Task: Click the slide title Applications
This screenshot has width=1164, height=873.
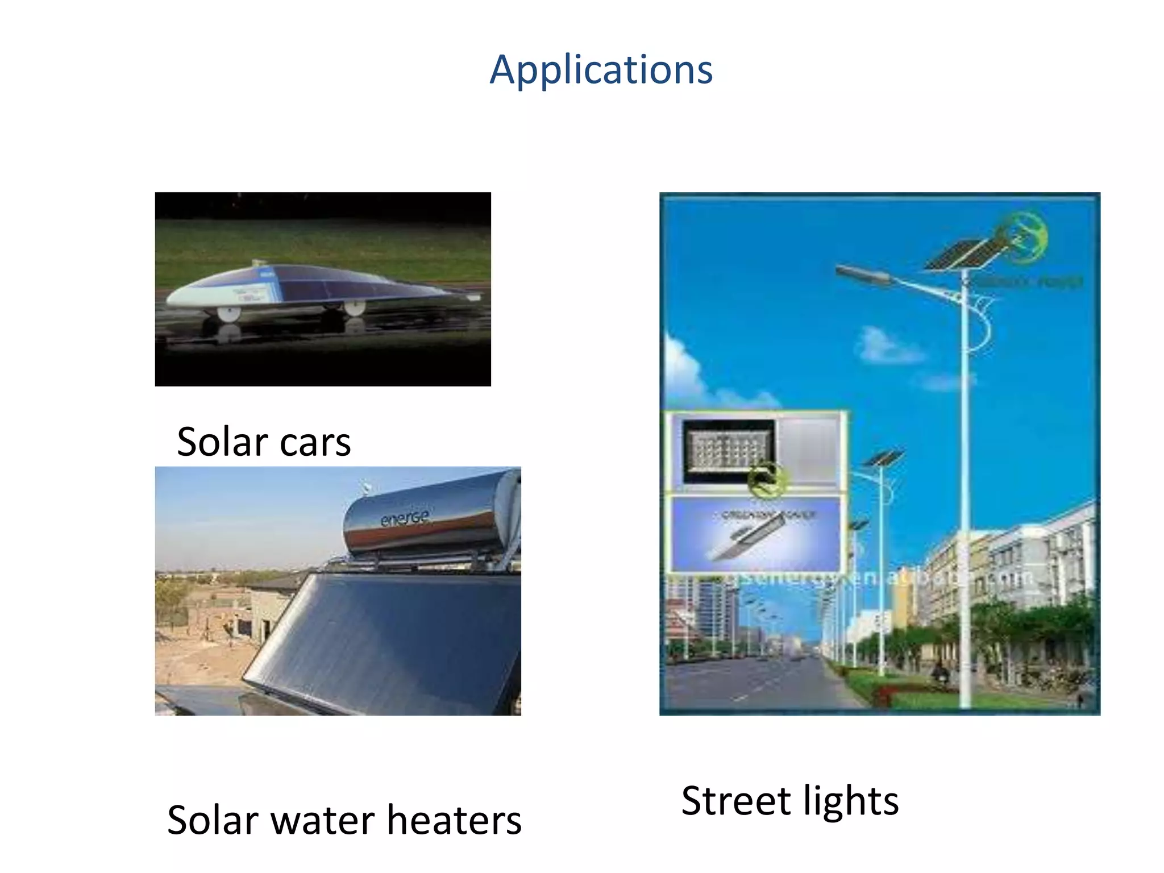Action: point(601,70)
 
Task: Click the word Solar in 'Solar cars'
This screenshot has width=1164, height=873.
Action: point(222,442)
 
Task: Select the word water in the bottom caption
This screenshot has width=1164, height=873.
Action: point(322,821)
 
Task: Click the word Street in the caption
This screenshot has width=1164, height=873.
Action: point(735,801)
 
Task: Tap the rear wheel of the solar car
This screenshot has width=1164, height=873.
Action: point(354,308)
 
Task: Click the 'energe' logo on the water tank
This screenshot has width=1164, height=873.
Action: point(405,518)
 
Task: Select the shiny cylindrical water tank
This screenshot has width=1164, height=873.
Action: point(432,514)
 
